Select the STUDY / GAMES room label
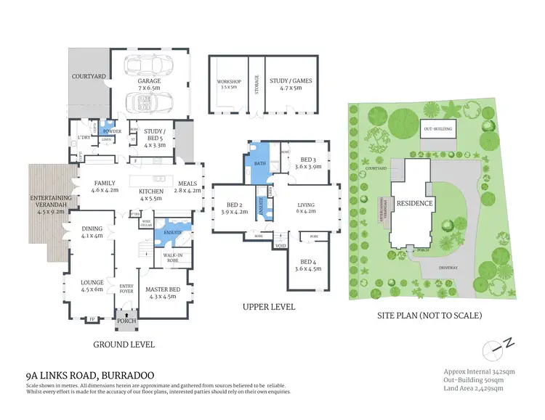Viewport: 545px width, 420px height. [x=289, y=84]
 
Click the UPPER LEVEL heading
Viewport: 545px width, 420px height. [x=269, y=307]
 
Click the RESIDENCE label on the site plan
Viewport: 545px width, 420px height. [x=414, y=204]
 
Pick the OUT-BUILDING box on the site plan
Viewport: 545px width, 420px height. [x=438, y=130]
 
